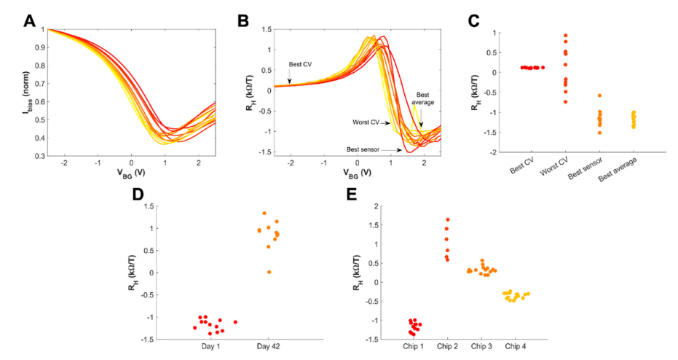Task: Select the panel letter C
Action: pos(473,20)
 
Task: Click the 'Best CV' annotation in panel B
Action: pos(301,64)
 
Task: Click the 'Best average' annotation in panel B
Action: pos(423,98)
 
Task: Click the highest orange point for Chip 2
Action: pos(448,219)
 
